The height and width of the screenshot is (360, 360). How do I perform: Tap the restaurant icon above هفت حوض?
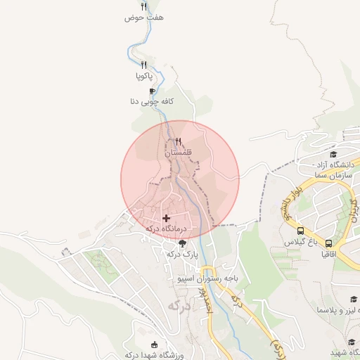click(143, 6)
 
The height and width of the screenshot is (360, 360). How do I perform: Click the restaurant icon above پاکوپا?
click(143, 65)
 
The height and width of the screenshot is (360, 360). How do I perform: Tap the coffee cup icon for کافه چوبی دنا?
click(152, 91)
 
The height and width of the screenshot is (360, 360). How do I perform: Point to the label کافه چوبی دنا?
click(151, 102)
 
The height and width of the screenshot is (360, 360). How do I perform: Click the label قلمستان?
click(178, 152)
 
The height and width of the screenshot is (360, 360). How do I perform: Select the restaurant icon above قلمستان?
click(178, 141)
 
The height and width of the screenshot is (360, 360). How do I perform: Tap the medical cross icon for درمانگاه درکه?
click(166, 219)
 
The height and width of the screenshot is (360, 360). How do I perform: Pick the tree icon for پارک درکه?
click(183, 243)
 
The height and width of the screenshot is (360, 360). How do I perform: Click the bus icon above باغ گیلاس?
click(301, 231)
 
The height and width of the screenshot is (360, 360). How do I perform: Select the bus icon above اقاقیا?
click(328, 243)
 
